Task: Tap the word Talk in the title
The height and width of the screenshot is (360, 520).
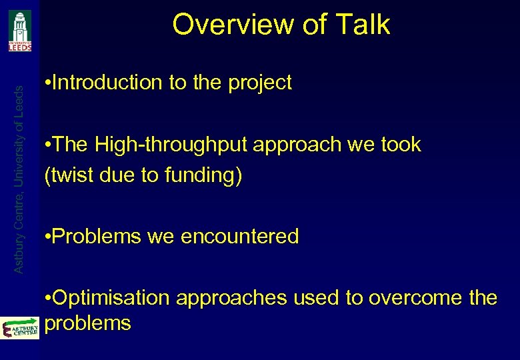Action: point(363,25)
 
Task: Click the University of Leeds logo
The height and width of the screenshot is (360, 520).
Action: point(20,31)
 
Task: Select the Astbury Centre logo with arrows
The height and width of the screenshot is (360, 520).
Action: point(20,327)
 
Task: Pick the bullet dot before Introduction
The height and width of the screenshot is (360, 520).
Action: point(45,83)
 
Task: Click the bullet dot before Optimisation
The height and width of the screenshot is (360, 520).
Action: point(45,298)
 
